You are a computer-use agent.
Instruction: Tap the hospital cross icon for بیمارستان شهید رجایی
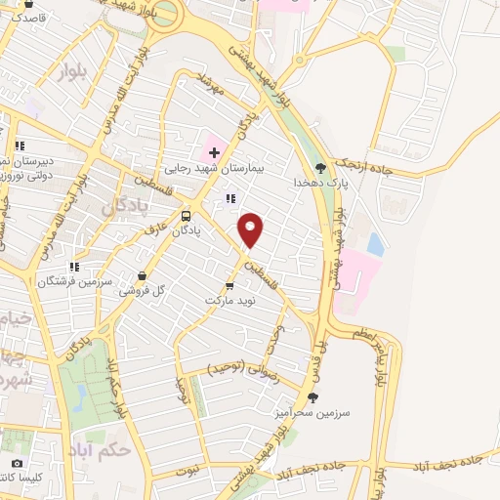pyautogui.click(x=214, y=152)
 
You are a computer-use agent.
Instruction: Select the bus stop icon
pyautogui.click(x=187, y=215)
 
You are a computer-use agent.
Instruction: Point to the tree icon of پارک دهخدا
pyautogui.click(x=321, y=167)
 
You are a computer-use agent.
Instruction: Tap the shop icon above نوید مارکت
pyautogui.click(x=229, y=285)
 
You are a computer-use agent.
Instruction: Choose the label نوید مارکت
pyautogui.click(x=228, y=300)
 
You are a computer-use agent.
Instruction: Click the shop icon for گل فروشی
pyautogui.click(x=146, y=276)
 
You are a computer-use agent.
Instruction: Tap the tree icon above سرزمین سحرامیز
pyautogui.click(x=312, y=396)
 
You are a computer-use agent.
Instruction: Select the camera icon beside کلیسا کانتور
pyautogui.click(x=17, y=463)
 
